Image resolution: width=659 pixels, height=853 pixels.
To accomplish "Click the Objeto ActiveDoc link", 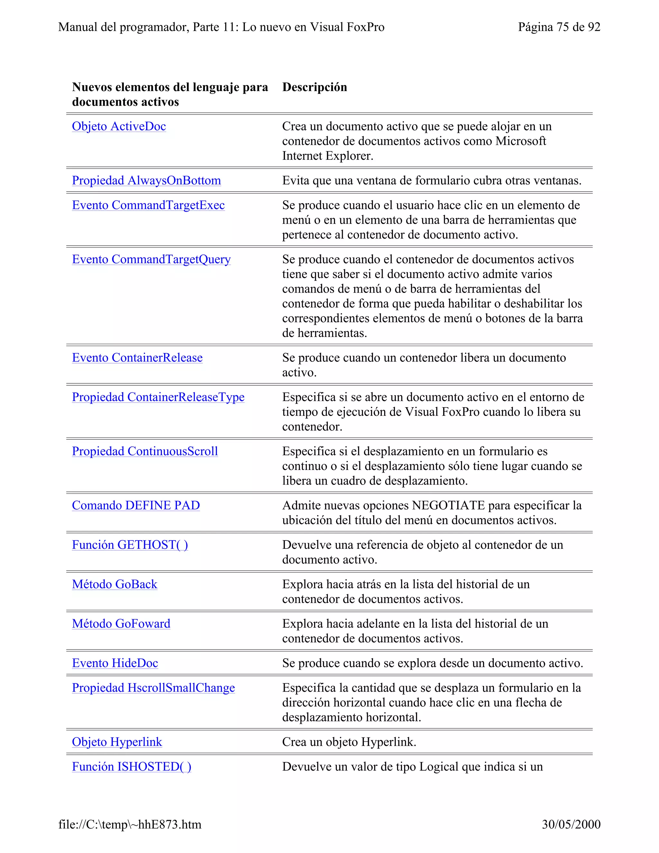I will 119,126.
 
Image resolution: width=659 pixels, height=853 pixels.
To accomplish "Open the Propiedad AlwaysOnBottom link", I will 146,181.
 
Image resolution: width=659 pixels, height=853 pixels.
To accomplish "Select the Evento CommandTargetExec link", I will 148,205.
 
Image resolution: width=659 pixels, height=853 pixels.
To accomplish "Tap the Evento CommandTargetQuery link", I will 151,259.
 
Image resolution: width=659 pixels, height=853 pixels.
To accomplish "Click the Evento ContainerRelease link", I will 137,358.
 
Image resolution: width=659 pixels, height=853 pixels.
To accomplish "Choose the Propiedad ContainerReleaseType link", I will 158,397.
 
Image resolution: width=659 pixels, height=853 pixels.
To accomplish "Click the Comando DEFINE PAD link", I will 136,505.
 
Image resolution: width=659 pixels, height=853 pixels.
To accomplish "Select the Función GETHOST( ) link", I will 130,545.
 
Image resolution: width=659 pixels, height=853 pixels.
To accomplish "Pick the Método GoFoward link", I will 121,624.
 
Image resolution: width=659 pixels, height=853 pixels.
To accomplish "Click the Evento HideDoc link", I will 115,663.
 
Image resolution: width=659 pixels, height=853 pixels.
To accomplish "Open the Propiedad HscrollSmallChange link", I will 153,688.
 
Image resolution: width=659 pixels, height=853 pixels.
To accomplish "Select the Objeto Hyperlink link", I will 117,742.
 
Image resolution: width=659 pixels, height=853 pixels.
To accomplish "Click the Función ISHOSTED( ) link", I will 132,767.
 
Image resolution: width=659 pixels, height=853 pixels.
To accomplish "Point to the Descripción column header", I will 314,87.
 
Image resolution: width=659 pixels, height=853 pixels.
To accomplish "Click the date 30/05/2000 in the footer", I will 571,824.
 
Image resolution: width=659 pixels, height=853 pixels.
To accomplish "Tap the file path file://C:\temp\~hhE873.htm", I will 130,824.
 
